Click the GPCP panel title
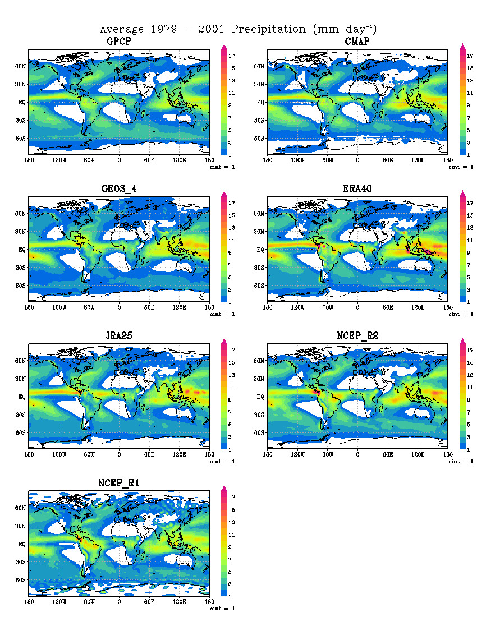pyautogui.click(x=119, y=42)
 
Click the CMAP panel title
pyautogui.click(x=357, y=42)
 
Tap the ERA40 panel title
pyautogui.click(x=357, y=189)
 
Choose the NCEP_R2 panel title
pyautogui.click(x=357, y=337)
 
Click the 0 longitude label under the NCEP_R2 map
pyautogui.click(x=357, y=454)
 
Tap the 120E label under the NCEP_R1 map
pyautogui.click(x=180, y=601)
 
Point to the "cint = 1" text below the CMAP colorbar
pyautogui.click(x=461, y=167)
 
